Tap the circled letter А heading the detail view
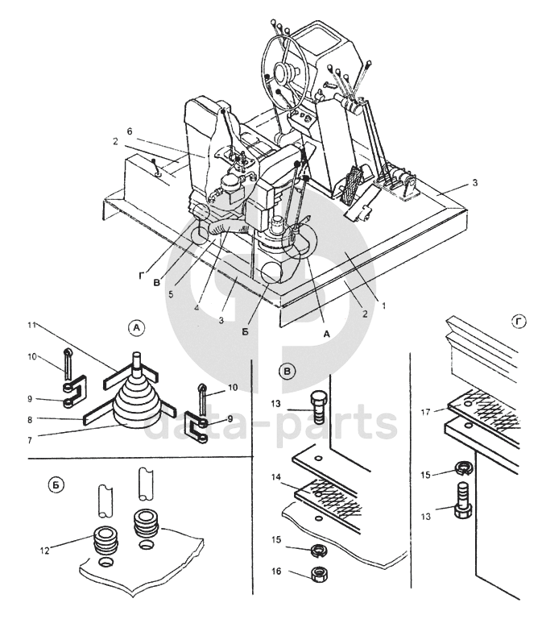point(136,327)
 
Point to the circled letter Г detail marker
point(519,322)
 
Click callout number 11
point(32,325)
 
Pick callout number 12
point(44,551)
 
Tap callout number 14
point(276,477)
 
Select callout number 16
point(276,571)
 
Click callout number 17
point(426,413)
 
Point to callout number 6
point(130,131)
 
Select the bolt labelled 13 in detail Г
point(463,500)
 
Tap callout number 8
point(30,420)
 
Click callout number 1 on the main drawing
point(384,305)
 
